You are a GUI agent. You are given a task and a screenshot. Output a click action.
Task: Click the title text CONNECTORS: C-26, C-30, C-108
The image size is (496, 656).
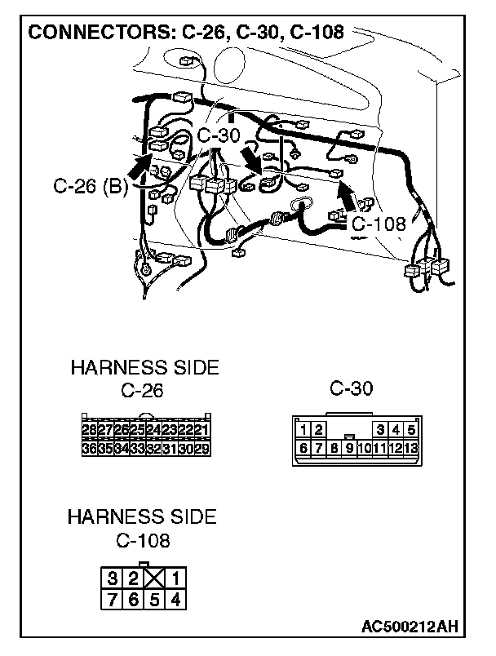point(186,33)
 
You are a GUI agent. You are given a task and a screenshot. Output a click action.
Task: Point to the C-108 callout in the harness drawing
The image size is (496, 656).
point(379,223)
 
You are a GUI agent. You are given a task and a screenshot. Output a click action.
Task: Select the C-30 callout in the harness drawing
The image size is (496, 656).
point(219,135)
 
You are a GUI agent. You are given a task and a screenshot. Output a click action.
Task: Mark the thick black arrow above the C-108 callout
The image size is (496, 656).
point(348,197)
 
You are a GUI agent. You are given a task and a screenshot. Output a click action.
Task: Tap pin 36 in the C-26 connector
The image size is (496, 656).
point(90,447)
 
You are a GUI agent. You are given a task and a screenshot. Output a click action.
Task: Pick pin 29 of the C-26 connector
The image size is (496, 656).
point(201,447)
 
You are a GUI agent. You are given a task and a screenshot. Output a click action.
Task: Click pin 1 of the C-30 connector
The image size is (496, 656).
point(303,429)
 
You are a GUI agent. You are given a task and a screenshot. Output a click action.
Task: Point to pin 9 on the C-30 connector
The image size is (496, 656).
point(349,447)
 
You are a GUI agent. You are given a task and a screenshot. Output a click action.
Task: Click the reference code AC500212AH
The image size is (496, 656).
point(409,627)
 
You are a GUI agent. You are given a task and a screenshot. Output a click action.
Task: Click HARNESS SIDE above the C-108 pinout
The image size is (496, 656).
point(142,516)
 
